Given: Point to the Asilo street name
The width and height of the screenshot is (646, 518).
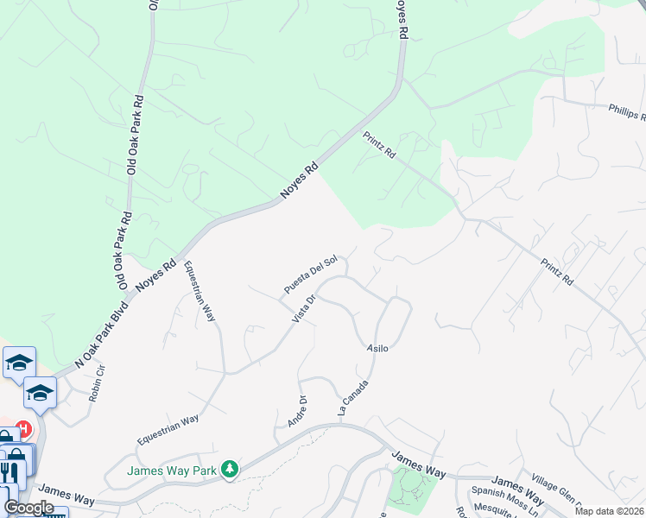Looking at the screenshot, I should pos(377,348).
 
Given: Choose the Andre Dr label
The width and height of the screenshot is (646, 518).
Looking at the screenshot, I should pos(296,411).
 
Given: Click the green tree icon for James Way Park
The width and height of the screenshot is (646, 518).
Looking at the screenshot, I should pos(229,470).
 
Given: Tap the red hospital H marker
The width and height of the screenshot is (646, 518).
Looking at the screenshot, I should pos(24,429).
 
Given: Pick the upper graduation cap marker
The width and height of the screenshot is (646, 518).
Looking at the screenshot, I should pos(18,363).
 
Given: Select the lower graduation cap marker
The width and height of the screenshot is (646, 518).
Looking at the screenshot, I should pos(39,393).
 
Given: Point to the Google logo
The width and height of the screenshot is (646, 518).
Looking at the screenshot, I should pos(28,507).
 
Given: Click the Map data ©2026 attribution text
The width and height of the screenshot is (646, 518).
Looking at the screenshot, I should pos(607,511).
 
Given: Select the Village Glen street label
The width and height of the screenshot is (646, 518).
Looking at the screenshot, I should pos(561,492).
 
